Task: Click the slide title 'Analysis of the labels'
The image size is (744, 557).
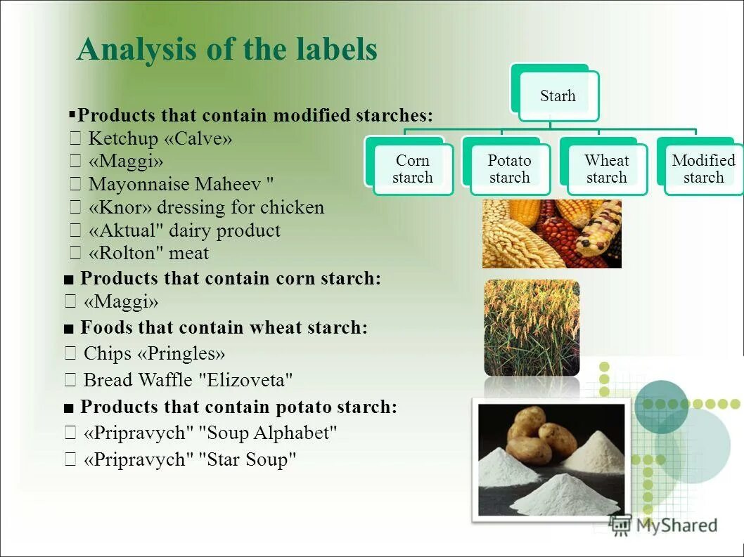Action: (x=226, y=50)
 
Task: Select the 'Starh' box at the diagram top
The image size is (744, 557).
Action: (x=558, y=96)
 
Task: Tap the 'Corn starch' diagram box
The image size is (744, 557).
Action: (x=412, y=169)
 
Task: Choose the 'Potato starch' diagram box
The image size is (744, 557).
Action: (x=509, y=169)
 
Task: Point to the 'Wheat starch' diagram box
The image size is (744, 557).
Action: (x=606, y=169)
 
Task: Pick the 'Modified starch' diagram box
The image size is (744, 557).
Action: (x=703, y=169)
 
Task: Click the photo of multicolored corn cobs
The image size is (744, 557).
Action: (x=551, y=233)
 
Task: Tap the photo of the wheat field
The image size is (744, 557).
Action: (x=532, y=327)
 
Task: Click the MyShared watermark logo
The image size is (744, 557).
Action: (x=664, y=525)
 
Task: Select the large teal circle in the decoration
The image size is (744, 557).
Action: (x=661, y=406)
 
